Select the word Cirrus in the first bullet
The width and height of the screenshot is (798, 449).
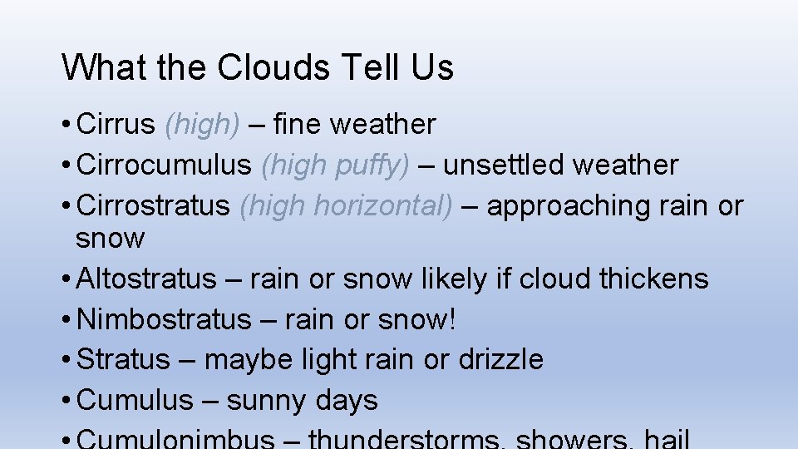116,124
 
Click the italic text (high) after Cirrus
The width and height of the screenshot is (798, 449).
203,125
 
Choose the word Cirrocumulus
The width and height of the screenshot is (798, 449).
164,165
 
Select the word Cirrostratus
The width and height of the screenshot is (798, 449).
153,205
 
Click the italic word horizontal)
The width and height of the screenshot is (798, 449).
382,205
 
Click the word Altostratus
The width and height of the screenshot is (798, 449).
145,279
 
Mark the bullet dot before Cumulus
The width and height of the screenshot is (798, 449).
66,401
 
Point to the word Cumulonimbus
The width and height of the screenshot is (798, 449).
175,439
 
